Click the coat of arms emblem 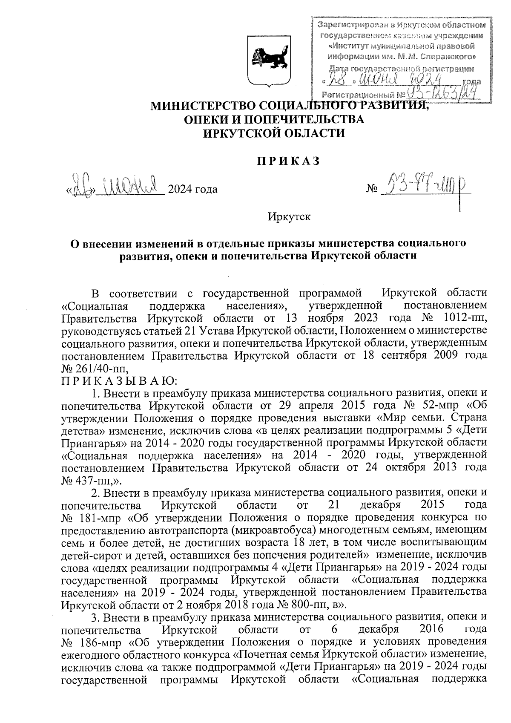tap(269, 61)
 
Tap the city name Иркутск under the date tap(289, 216)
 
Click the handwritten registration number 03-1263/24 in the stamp tap(441, 90)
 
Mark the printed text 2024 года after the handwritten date tap(193, 189)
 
